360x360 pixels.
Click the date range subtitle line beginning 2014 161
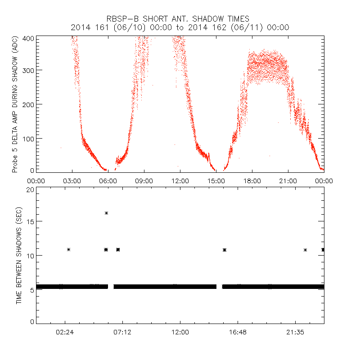click(180, 27)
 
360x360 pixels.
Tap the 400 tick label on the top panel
click(29, 38)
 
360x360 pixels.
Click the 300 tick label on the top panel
click(29, 70)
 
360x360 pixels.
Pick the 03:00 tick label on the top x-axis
click(72, 181)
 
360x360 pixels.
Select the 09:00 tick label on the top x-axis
click(144, 181)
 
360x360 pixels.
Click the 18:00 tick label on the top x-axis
click(252, 181)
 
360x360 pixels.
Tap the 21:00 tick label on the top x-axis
click(288, 181)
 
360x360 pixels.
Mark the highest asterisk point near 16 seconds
click(106, 213)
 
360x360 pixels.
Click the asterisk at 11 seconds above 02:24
click(68, 249)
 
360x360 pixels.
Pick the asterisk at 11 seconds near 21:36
click(305, 250)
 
